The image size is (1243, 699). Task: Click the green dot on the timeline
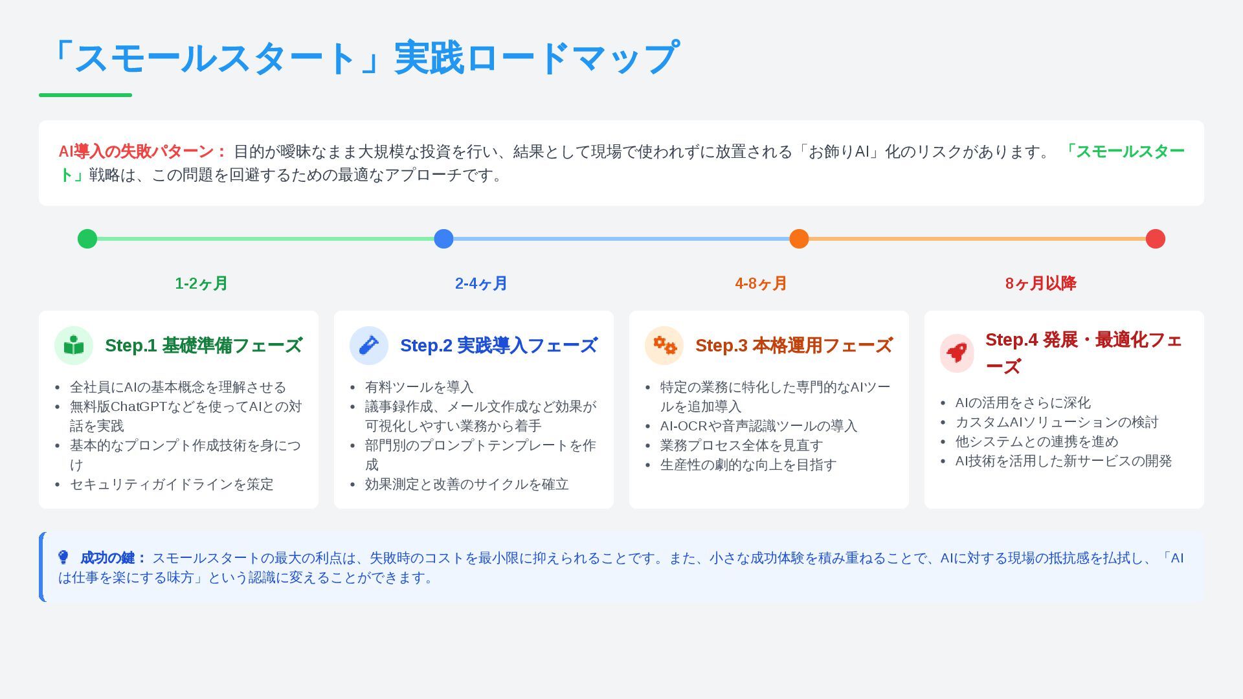pos(87,239)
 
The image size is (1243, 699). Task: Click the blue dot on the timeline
pos(443,239)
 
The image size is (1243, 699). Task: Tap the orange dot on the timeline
pos(799,239)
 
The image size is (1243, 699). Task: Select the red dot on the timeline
pos(1155,239)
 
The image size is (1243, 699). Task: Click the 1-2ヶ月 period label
pos(201,283)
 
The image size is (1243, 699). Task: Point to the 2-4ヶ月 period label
pos(481,283)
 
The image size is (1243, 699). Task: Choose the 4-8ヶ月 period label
pos(761,283)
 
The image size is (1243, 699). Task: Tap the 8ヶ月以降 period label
pos(1040,283)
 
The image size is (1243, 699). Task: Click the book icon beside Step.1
pos(74,346)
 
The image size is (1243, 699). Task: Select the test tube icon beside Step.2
pos(369,346)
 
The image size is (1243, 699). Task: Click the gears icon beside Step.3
pos(664,346)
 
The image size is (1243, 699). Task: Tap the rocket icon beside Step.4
pos(957,353)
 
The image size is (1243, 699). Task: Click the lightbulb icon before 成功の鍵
pos(63,557)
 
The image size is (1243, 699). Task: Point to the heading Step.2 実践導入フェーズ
pos(498,346)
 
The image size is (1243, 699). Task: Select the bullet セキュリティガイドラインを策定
pos(172,484)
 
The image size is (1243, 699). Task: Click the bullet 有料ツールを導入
pos(419,387)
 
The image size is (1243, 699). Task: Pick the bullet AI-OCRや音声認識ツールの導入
pos(758,426)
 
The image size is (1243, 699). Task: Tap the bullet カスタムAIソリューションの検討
pos(1057,422)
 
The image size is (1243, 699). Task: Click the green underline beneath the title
pos(85,95)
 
